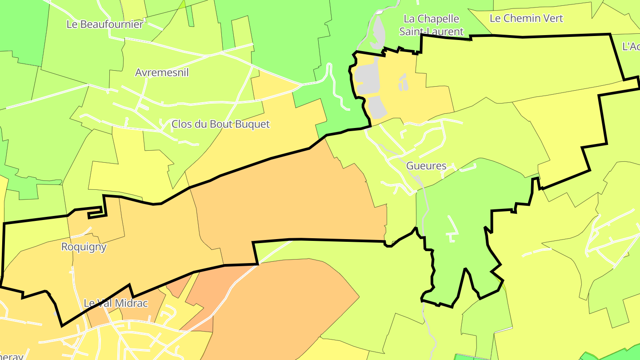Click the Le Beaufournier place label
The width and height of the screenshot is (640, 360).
click(x=105, y=24)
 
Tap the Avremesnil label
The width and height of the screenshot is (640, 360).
click(x=162, y=72)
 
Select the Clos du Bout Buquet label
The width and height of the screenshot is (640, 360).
click(x=220, y=124)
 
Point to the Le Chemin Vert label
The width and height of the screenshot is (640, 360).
click(x=526, y=18)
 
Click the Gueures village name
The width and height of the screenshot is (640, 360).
click(x=426, y=166)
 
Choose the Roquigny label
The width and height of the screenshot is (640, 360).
click(x=84, y=247)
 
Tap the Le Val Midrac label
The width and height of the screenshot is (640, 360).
click(x=116, y=303)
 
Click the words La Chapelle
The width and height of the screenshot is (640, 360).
click(x=431, y=19)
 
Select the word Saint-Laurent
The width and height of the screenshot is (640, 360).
click(x=431, y=32)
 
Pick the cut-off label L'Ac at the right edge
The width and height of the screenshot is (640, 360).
click(x=631, y=47)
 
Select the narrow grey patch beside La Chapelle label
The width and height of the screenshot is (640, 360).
click(x=377, y=33)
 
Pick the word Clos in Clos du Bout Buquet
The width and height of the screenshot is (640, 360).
click(x=181, y=124)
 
